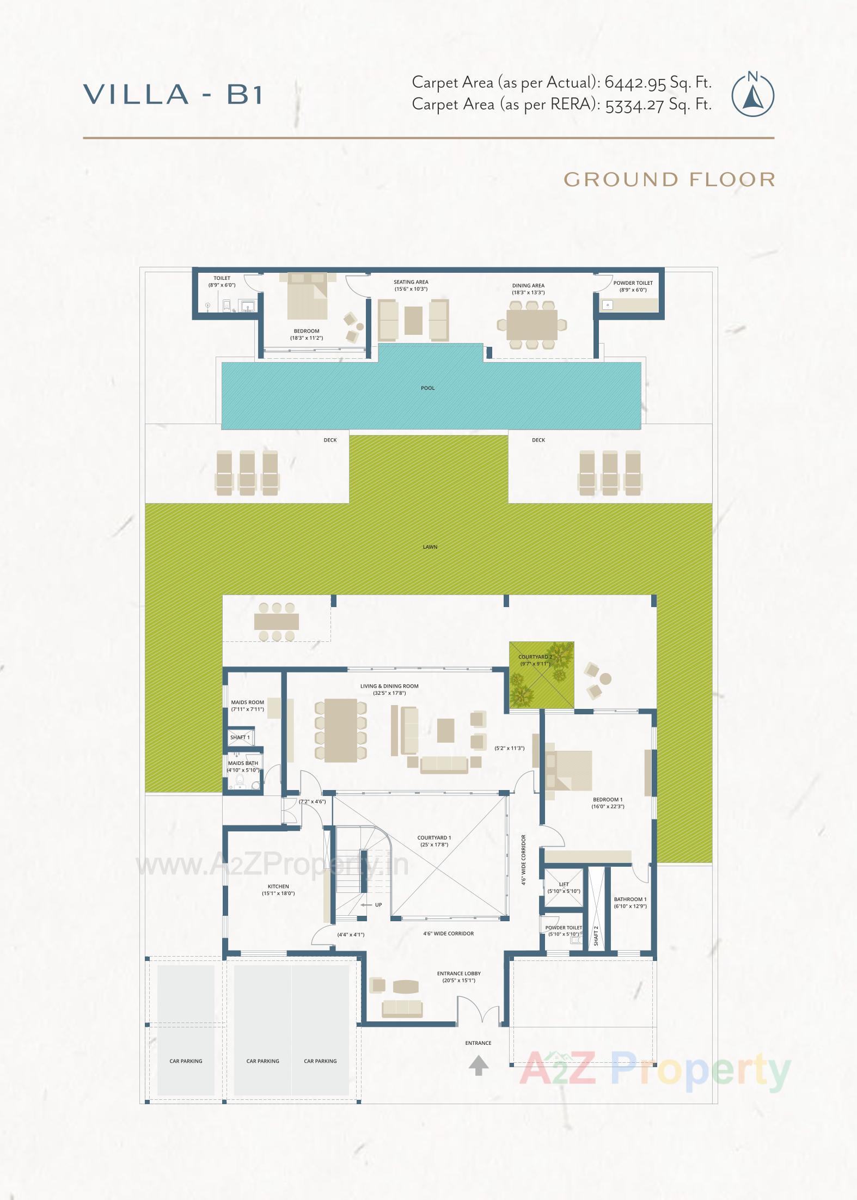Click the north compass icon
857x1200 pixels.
pos(752,95)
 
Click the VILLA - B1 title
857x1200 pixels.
pos(173,94)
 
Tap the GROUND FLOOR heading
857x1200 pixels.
pos(669,179)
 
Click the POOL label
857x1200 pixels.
pos(428,388)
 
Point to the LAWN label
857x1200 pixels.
pos(430,547)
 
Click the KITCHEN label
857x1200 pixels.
pos(278,886)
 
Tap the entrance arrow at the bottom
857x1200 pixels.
pos(479,1066)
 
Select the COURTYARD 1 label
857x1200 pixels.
pos(434,838)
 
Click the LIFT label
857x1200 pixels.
pos(564,884)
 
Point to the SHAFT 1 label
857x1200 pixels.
pos(240,737)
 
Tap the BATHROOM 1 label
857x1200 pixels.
pos(630,899)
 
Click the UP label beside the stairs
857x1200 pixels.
pos(378,905)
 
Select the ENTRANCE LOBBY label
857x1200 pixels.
pos(458,974)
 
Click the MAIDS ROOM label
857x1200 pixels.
pos(247,702)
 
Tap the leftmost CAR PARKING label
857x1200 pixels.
pos(186,1061)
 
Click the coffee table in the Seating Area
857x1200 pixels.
pos(413,321)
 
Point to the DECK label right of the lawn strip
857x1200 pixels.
pos(538,440)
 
